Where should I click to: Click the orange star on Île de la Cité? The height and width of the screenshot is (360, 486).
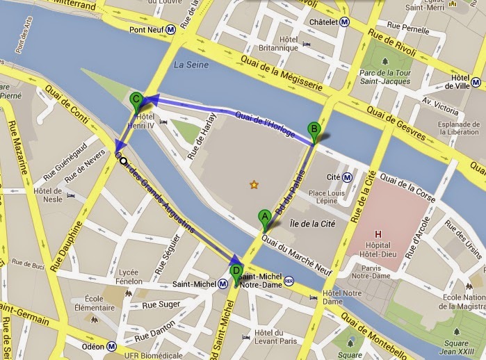254,184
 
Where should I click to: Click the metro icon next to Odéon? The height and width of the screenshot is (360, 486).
113,345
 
